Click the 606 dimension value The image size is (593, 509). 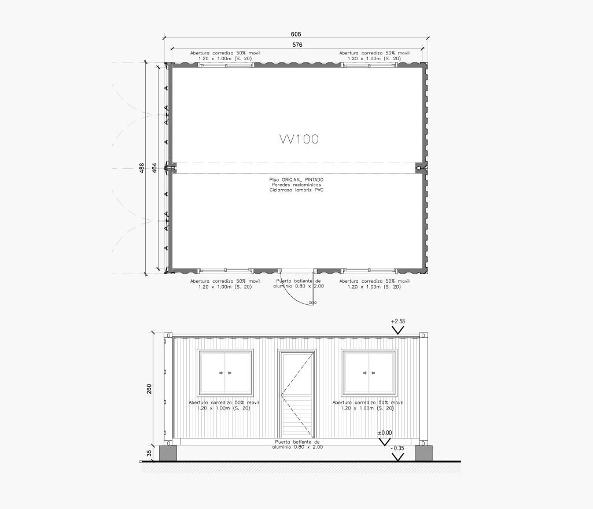click(296, 34)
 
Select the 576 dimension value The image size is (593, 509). click(297, 45)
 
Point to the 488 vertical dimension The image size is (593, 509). click(142, 168)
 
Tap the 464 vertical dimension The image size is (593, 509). click(154, 168)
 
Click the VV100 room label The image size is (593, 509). click(299, 139)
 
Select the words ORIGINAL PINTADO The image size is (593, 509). click(302, 180)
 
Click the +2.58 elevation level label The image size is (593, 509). click(397, 322)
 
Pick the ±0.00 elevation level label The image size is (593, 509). click(385, 433)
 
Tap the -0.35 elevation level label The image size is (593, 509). click(397, 448)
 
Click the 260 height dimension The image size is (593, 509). click(149, 389)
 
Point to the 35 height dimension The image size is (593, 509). click(149, 453)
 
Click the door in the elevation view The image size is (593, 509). click(297, 394)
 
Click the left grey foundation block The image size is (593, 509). click(168, 453)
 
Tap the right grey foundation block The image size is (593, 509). click(423, 453)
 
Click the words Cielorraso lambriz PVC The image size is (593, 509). click(296, 190)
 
